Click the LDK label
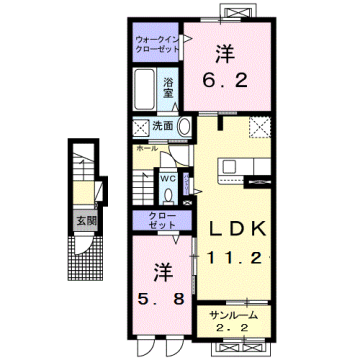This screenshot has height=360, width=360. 235,229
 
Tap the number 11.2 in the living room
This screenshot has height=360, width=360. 236,257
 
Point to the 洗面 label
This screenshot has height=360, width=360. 163,126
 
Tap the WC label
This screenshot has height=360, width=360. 169,181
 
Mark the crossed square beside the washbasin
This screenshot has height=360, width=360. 139,128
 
